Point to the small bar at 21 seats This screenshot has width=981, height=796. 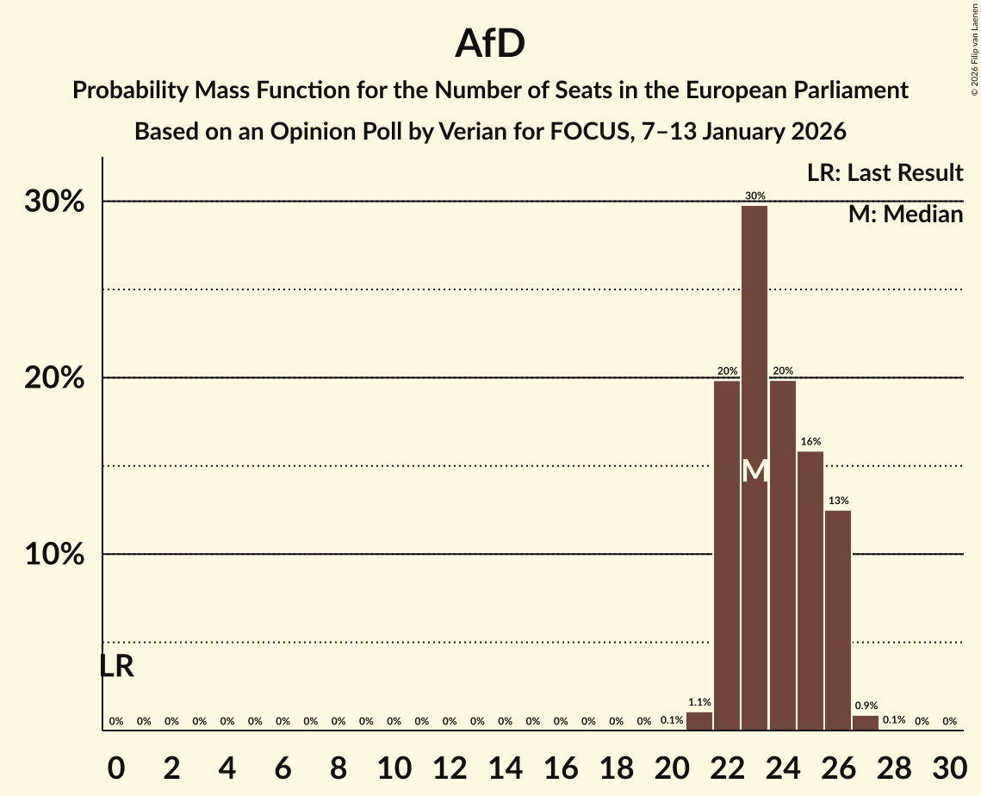[x=699, y=721]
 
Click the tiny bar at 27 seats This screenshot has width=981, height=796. [x=866, y=723]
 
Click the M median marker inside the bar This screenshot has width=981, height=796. [x=754, y=470]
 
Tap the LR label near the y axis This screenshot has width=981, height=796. [x=116, y=666]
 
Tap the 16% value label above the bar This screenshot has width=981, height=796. [x=810, y=442]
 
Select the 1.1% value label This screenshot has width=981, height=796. [x=699, y=703]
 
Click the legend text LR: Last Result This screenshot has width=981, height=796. [x=885, y=173]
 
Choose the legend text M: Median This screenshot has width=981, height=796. [x=905, y=215]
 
